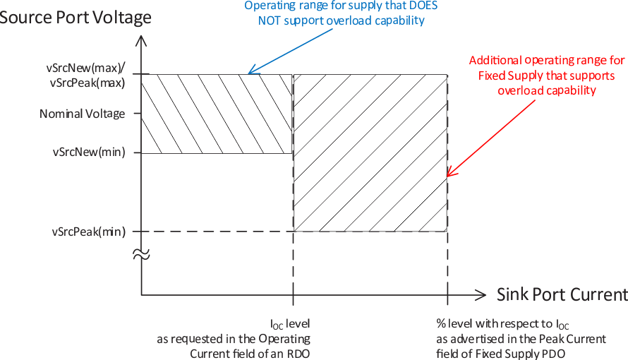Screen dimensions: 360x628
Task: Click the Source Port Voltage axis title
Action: pos(75,17)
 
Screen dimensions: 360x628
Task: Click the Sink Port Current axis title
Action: pos(562,294)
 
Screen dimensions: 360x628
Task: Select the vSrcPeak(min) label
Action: pos(88,231)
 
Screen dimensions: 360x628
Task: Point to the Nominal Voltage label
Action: pos(82,114)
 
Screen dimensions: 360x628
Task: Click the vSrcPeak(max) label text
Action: pos(87,83)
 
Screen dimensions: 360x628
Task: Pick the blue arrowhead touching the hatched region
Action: pos(251,71)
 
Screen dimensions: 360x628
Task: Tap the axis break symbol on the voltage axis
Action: pos(141,255)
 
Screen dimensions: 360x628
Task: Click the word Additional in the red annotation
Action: pos(495,61)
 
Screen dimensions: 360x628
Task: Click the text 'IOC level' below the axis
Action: pos(290,324)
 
